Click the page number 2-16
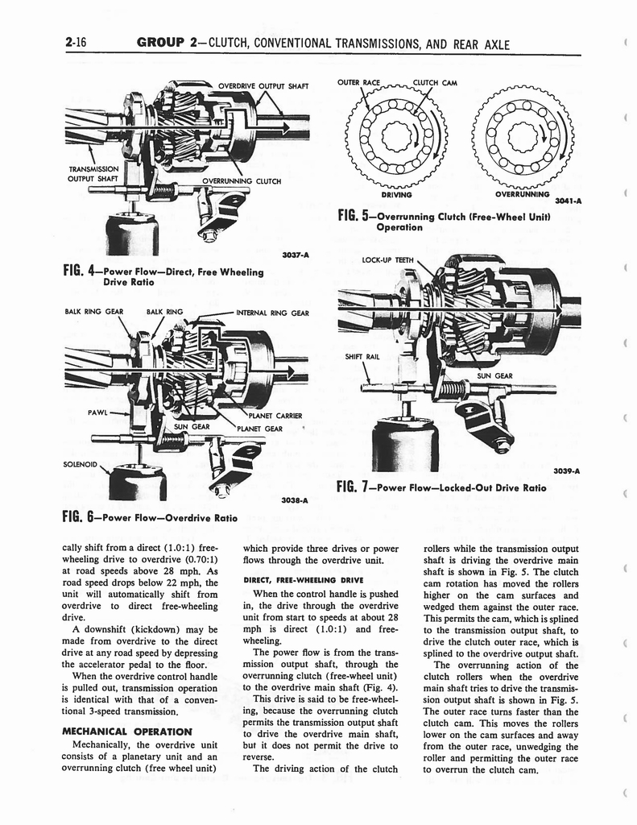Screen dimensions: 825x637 [x=77, y=45]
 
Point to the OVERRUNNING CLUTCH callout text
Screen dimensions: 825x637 [x=242, y=180]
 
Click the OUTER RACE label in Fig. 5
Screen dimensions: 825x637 [x=358, y=81]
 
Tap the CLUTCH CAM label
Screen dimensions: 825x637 [x=435, y=81]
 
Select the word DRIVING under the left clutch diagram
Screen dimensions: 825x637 [x=395, y=194]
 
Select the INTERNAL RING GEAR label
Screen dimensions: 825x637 [x=272, y=313]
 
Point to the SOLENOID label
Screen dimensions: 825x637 [x=82, y=464]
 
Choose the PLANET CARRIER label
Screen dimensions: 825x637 [x=275, y=416]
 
